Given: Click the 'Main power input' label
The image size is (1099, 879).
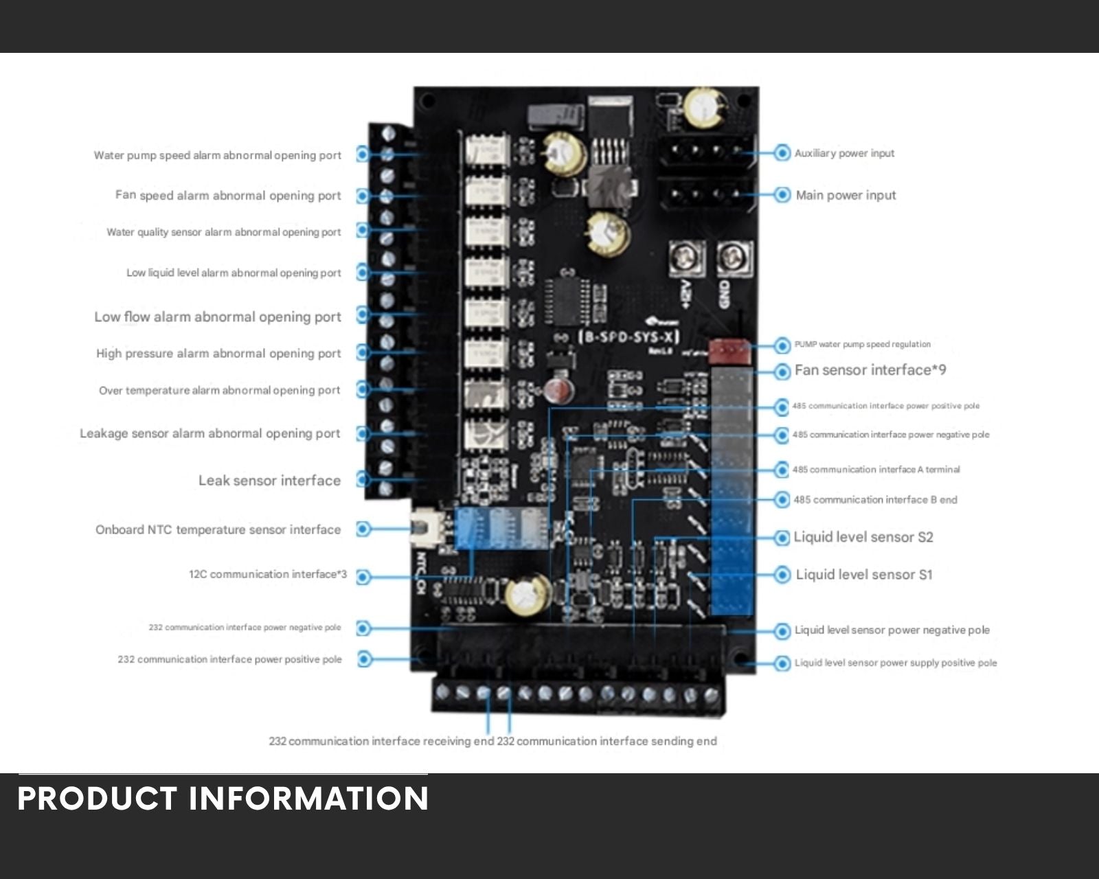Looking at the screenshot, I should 846,195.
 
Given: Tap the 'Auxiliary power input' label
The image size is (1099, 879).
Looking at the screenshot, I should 844,153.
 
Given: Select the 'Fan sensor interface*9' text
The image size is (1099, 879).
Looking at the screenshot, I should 870,370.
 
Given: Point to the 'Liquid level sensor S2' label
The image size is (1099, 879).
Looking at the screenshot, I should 863,537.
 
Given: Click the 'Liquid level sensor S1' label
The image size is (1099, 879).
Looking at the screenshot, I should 864,575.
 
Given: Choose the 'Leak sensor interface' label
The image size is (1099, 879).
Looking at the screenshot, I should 269,481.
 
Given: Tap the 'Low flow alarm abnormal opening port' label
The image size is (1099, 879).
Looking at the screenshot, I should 218,317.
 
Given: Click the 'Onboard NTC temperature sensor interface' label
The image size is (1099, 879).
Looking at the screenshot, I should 218,529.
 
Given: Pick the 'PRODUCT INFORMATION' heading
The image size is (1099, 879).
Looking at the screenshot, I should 223,799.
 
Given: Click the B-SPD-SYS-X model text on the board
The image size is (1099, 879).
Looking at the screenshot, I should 628,336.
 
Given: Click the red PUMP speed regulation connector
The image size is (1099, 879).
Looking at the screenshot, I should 729,351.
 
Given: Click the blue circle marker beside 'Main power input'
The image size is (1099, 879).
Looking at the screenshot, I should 782,195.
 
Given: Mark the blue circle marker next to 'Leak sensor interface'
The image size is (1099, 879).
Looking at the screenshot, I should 363,479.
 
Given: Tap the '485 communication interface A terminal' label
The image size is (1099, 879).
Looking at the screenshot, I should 876,470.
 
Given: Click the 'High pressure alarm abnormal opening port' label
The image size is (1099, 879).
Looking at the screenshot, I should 218,354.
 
